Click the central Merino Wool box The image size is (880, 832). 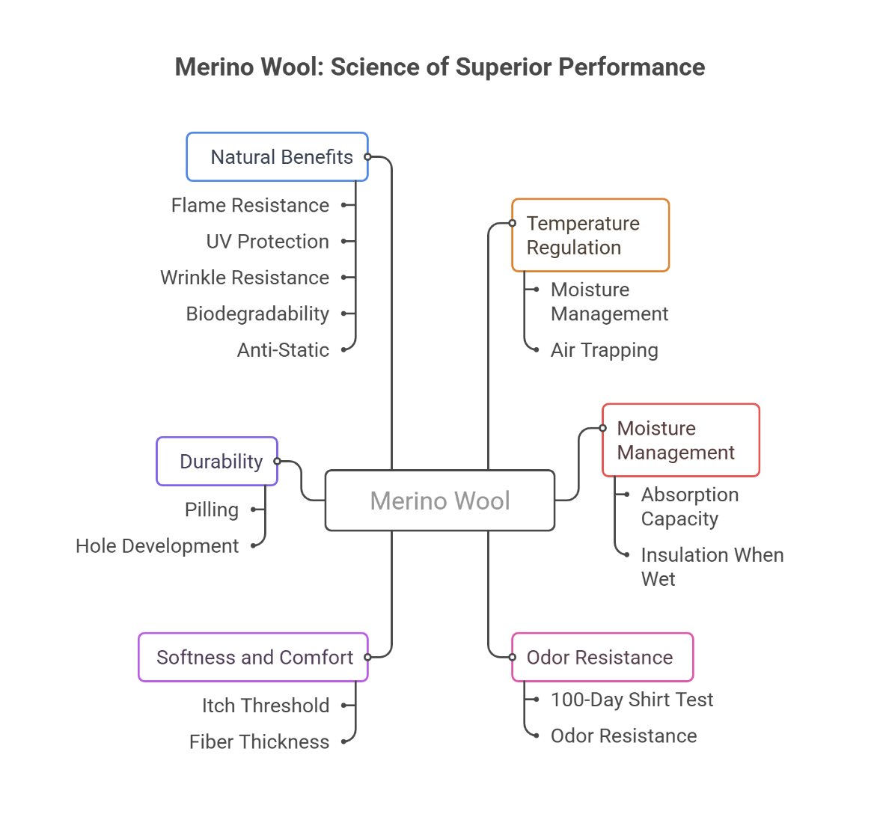[x=440, y=501]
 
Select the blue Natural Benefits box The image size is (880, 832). [x=277, y=157]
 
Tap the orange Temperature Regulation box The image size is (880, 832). [x=590, y=235]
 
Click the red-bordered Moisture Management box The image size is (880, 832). [x=680, y=440]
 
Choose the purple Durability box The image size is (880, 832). [x=217, y=462]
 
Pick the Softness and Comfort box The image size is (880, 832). [x=253, y=658]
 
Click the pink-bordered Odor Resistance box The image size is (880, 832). [x=602, y=658]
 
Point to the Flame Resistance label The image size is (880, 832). [x=250, y=205]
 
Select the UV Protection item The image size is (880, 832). [x=267, y=242]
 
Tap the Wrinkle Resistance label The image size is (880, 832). [x=245, y=278]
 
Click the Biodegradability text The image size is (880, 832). [x=257, y=313]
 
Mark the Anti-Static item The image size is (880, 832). [x=283, y=350]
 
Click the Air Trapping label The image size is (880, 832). [x=604, y=350]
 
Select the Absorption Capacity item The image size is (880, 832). [x=689, y=507]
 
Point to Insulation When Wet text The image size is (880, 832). [x=712, y=566]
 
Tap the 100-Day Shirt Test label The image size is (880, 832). [x=632, y=700]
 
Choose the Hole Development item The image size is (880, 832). [x=157, y=546]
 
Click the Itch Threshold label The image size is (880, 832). [x=266, y=706]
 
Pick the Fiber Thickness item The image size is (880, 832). [x=259, y=742]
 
